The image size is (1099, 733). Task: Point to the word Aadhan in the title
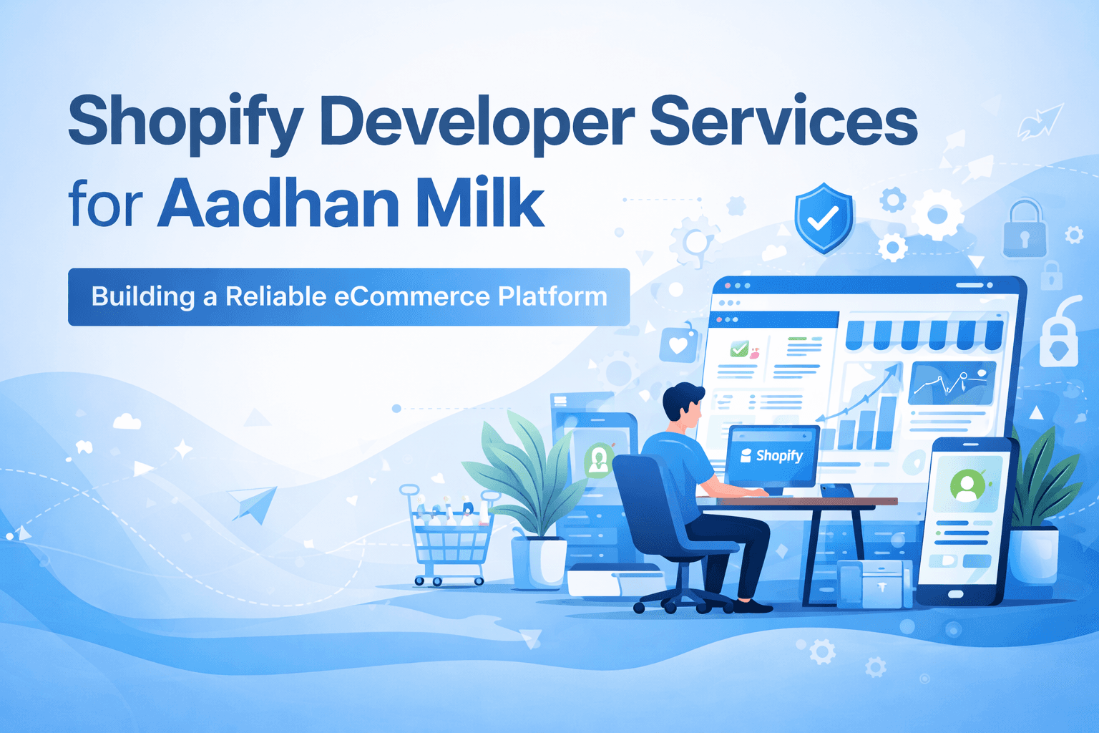click(x=279, y=203)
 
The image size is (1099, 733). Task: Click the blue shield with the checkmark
click(x=824, y=218)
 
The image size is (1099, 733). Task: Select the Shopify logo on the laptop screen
click(x=772, y=456)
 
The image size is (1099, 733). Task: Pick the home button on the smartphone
click(x=955, y=594)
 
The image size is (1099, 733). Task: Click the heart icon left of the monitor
click(x=678, y=345)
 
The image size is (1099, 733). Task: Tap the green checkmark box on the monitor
click(x=739, y=349)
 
